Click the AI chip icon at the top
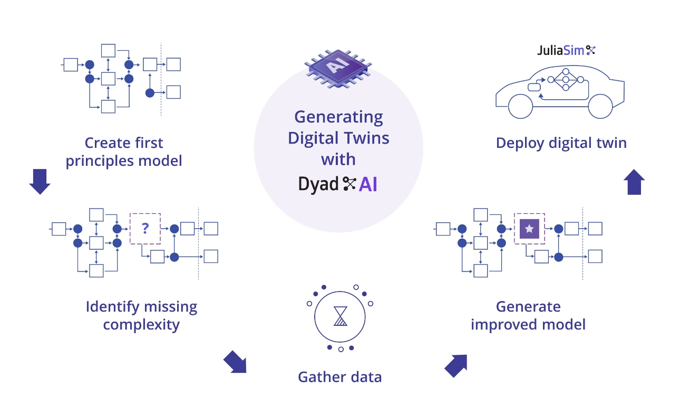(337, 67)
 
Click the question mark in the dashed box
(145, 229)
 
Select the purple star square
(529, 229)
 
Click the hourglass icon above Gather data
(341, 316)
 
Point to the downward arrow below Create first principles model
(40, 181)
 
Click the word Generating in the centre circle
(338, 116)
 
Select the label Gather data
(339, 377)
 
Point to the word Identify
(112, 307)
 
